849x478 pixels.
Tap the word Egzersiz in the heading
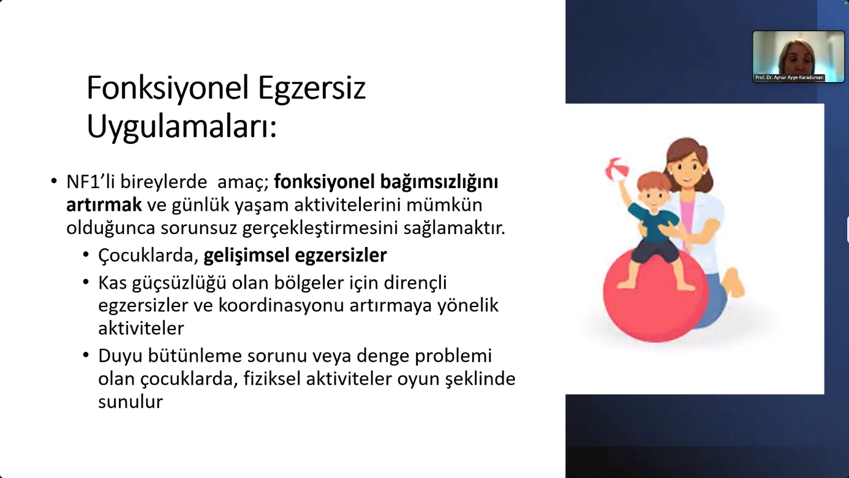coord(312,89)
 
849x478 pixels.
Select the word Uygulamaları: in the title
coord(182,127)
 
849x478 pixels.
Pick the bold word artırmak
coord(104,205)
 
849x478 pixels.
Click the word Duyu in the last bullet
coord(120,356)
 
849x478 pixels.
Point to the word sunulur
coord(130,402)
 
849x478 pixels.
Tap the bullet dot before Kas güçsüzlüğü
coord(86,282)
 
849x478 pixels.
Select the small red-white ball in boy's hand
coord(617,169)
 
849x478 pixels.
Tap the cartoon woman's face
coord(687,170)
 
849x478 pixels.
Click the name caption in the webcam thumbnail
coord(789,77)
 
